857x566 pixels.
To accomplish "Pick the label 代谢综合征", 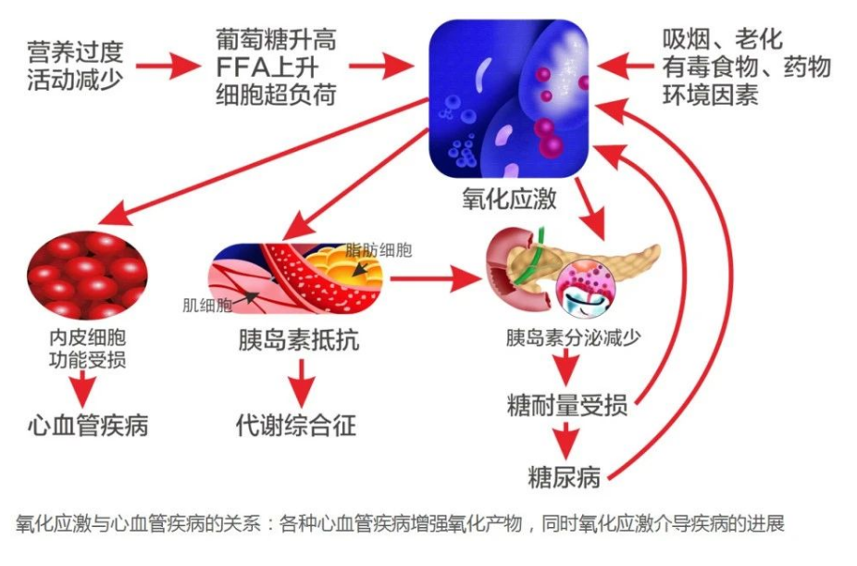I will [x=296, y=425].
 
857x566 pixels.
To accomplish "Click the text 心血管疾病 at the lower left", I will [x=87, y=425].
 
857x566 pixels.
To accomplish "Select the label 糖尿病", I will [x=565, y=477].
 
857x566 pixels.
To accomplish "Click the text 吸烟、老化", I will [x=722, y=40].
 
